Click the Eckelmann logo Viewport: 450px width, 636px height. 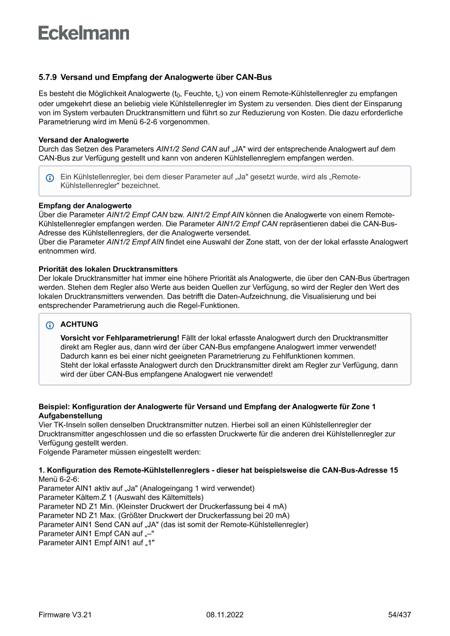[x=84, y=33]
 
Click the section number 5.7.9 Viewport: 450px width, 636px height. [x=47, y=78]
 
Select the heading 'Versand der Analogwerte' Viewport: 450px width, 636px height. [x=83, y=140]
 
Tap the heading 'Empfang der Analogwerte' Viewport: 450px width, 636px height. [x=85, y=206]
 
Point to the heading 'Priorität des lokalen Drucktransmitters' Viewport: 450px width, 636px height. [x=108, y=269]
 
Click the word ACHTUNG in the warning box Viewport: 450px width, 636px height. [x=79, y=324]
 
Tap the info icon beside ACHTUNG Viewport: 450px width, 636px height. [x=50, y=325]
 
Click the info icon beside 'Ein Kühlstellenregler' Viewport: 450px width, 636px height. [x=50, y=177]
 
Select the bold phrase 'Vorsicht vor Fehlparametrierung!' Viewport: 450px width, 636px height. [x=120, y=338]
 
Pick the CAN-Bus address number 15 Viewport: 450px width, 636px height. [x=393, y=470]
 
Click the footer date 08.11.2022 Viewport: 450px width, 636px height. [x=225, y=615]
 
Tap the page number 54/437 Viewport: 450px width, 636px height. [x=399, y=615]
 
